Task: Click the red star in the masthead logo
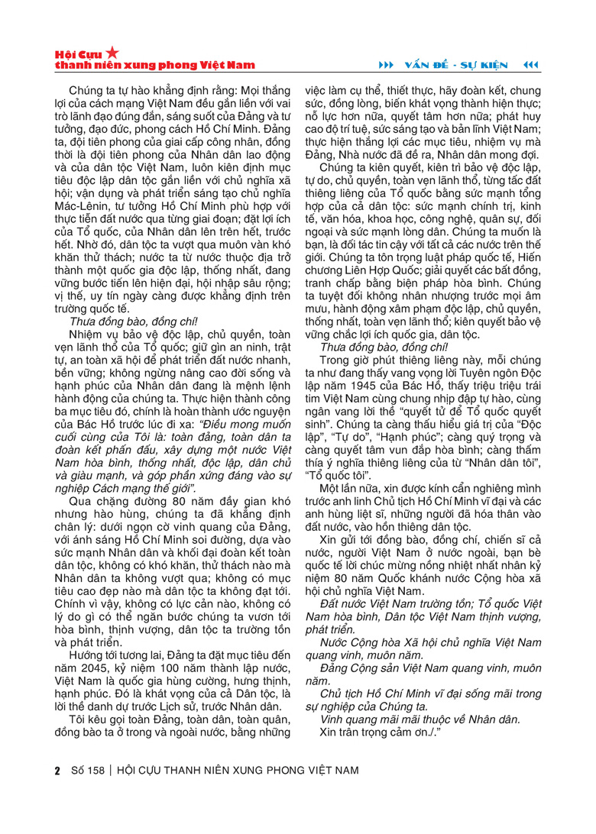point(112,53)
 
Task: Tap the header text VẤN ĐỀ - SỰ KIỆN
point(462,63)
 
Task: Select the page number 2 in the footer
point(57,770)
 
